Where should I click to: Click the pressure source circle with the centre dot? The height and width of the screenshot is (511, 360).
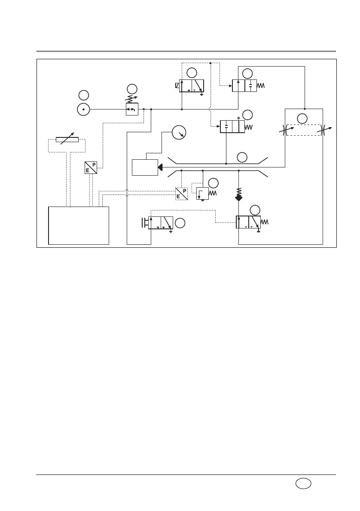click(83, 109)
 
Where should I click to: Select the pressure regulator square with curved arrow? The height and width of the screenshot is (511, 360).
click(131, 109)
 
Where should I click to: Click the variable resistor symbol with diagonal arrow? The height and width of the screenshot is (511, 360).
click(67, 139)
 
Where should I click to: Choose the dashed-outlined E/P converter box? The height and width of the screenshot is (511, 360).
click(181, 194)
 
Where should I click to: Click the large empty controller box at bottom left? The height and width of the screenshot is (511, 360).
click(79, 225)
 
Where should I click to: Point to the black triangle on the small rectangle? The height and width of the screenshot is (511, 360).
click(160, 167)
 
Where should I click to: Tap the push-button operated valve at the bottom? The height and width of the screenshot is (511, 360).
click(160, 223)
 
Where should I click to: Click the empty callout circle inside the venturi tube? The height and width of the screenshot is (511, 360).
click(242, 157)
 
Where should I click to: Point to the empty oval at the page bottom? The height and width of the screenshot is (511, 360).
click(304, 484)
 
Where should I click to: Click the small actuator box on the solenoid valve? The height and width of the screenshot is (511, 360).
click(177, 85)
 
